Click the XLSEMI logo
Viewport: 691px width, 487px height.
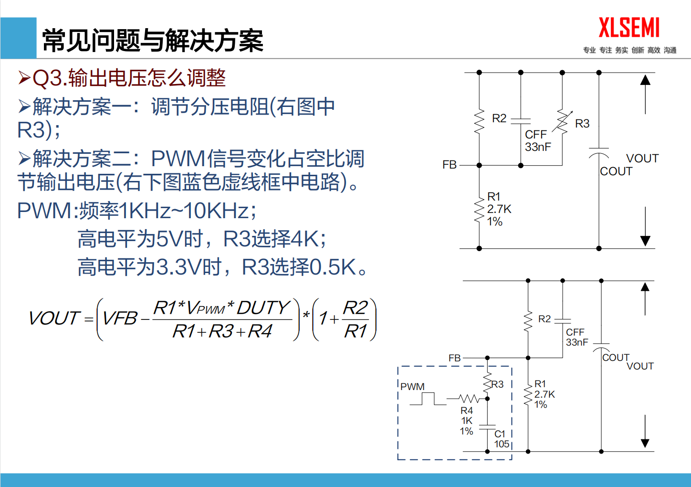629,28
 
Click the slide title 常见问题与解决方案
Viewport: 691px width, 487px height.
153,40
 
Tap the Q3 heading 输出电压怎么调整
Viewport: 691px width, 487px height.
129,78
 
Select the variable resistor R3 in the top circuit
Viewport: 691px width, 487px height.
563,122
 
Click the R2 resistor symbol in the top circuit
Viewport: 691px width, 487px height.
479,121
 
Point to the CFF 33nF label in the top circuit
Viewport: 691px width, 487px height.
538,141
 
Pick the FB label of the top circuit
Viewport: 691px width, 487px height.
450,165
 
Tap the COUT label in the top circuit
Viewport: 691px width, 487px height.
616,171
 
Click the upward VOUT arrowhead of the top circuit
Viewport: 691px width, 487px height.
645,80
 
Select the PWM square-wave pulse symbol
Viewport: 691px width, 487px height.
428,399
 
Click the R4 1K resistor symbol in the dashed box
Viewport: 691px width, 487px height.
468,398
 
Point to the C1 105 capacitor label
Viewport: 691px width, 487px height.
501,439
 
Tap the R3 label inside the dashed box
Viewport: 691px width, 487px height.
497,384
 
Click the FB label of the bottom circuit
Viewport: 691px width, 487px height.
454,358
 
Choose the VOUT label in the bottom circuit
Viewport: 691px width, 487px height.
640,366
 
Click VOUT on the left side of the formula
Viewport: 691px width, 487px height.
53,318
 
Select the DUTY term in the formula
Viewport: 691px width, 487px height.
263,308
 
